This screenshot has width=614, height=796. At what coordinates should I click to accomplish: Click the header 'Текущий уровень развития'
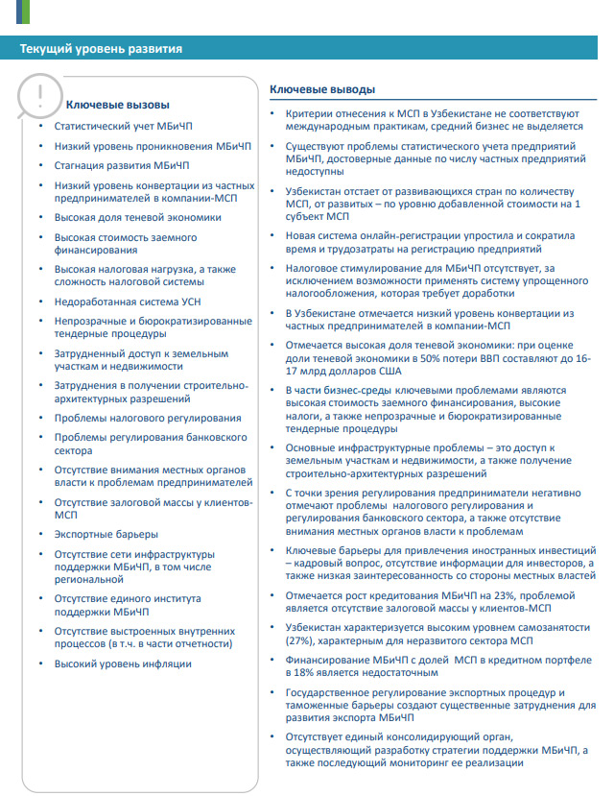point(101,49)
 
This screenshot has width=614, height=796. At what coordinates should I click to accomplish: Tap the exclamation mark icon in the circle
point(39,94)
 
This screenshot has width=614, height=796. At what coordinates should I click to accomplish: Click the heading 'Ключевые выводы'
point(322,89)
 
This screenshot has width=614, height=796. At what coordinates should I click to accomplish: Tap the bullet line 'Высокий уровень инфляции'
point(123,663)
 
